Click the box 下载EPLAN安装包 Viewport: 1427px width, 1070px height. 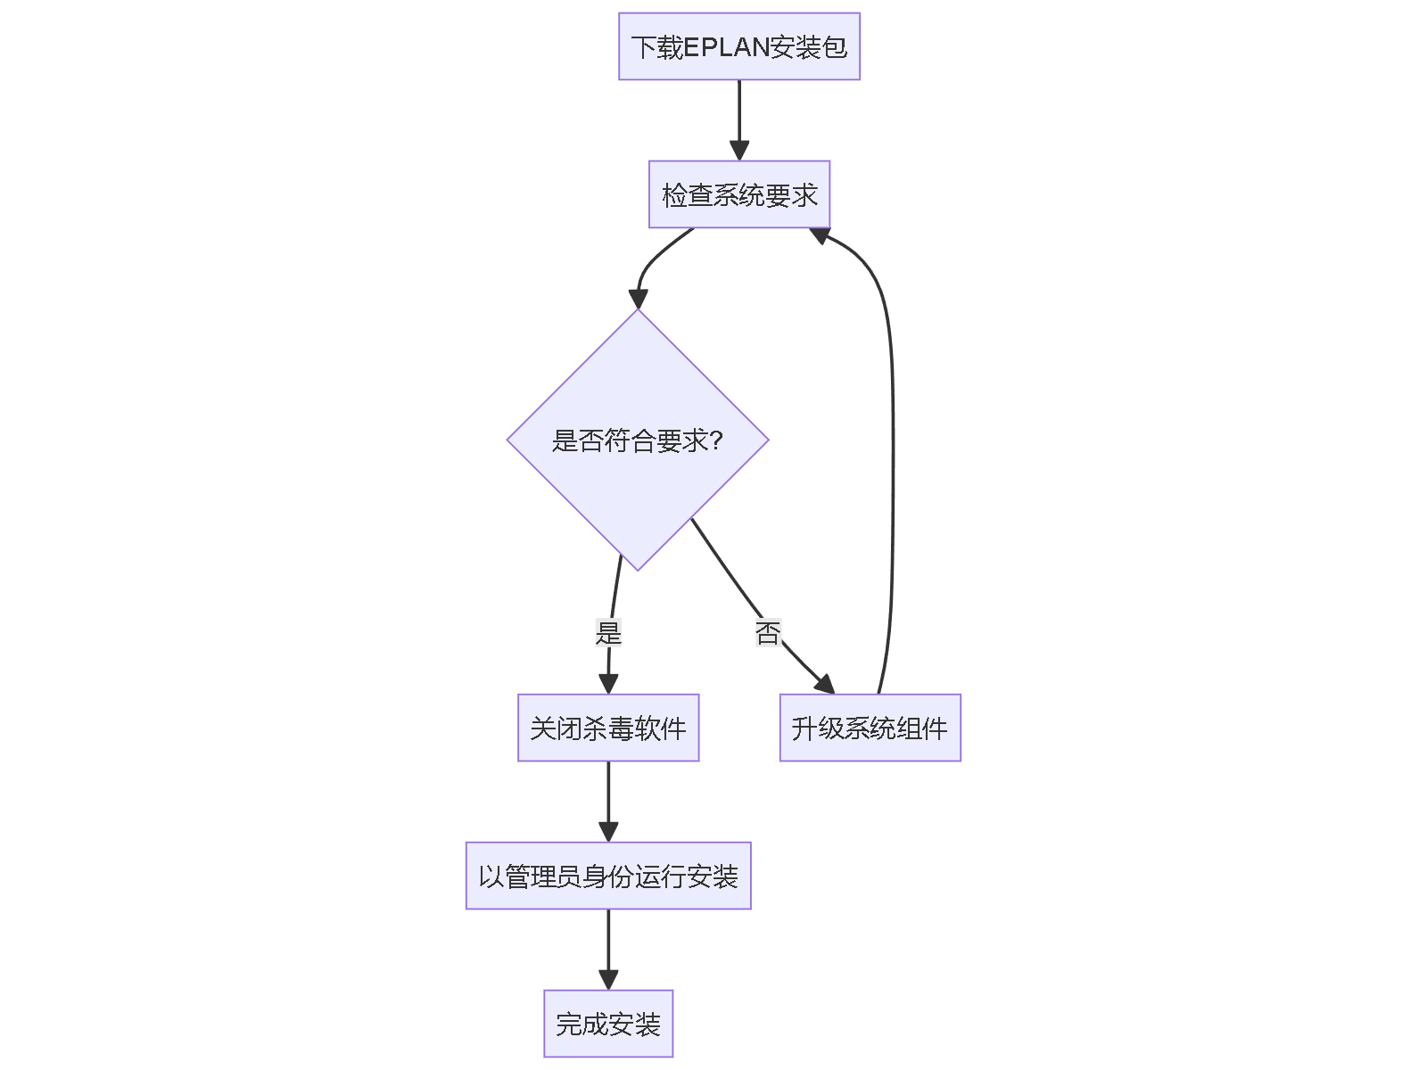coord(738,46)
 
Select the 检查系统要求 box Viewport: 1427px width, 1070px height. coord(738,194)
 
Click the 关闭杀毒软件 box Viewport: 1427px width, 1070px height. coord(607,728)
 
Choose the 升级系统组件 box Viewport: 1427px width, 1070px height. coord(870,728)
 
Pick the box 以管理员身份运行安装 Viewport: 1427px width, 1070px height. coord(607,876)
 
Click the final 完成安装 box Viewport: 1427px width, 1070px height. coord(607,1024)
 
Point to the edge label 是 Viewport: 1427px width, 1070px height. coord(608,633)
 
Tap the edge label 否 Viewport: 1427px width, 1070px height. coord(767,633)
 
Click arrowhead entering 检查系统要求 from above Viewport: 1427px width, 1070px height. coord(738,150)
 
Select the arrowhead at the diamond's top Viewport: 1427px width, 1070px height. coord(638,299)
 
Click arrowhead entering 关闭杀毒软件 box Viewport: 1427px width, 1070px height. coord(608,683)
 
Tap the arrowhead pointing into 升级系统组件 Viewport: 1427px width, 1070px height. coord(824,684)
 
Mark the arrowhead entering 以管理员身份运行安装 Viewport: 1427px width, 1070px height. coord(608,831)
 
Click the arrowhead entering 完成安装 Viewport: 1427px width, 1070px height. coord(608,979)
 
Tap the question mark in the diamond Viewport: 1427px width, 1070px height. coord(715,440)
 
